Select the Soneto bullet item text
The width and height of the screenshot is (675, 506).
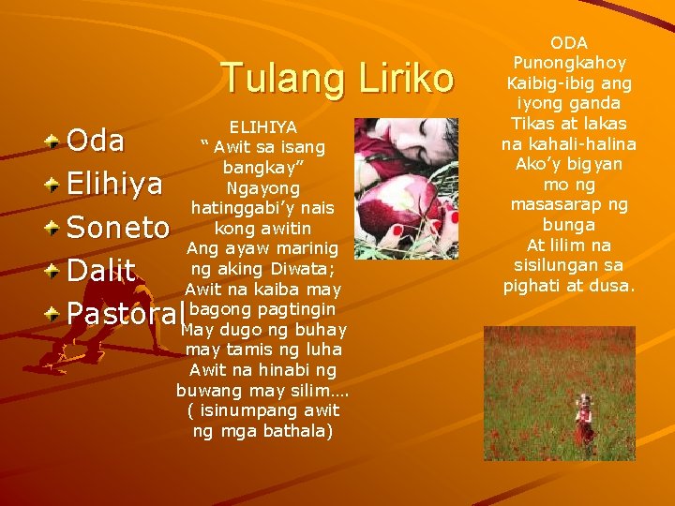pyautogui.click(x=118, y=228)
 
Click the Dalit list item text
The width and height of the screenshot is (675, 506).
pyautogui.click(x=101, y=271)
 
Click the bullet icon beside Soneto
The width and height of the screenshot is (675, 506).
pyautogui.click(x=55, y=225)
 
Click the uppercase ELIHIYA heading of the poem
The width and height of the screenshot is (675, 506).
pyautogui.click(x=262, y=126)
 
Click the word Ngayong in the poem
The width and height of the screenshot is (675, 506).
pyautogui.click(x=262, y=187)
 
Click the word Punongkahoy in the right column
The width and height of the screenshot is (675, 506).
pyautogui.click(x=569, y=63)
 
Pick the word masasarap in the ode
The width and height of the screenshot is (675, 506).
pyautogui.click(x=557, y=204)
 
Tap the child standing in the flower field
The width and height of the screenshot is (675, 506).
pyautogui.click(x=584, y=420)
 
